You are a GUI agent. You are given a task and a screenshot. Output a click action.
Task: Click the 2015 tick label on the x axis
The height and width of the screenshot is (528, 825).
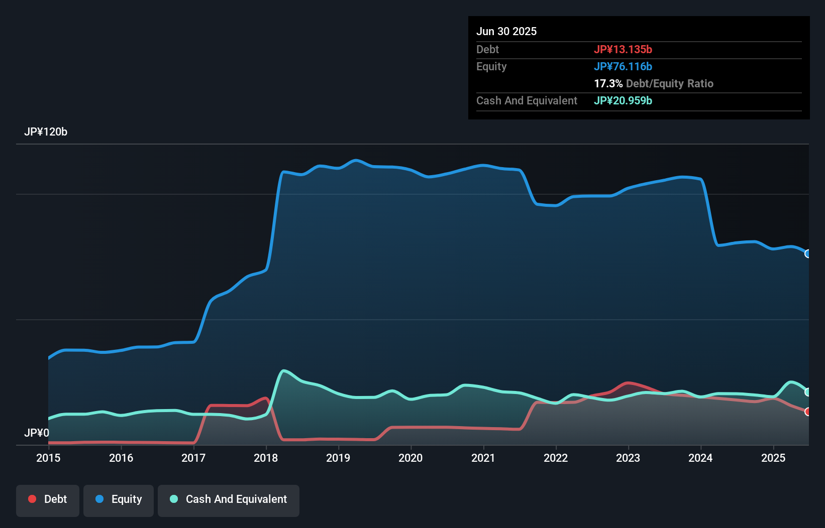[48, 458]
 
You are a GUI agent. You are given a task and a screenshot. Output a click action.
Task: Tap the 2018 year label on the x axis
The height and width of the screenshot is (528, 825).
[266, 458]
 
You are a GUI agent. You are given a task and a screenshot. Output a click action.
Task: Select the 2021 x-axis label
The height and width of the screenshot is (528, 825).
[483, 458]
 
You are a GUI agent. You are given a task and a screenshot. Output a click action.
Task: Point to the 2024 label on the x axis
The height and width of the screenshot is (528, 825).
[700, 458]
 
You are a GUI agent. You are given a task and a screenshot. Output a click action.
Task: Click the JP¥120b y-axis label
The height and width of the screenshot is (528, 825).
[46, 132]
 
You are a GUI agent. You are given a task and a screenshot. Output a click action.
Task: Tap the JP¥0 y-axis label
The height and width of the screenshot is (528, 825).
[37, 433]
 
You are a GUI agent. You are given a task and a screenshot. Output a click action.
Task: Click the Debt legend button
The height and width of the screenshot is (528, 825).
[48, 499]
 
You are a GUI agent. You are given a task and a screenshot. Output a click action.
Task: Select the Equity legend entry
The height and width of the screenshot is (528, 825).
[119, 499]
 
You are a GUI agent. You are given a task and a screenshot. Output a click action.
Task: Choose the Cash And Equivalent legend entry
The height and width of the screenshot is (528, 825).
[229, 499]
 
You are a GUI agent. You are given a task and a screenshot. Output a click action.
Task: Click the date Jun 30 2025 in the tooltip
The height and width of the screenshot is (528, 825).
[506, 31]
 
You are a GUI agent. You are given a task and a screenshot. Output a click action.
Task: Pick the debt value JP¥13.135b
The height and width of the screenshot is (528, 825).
[623, 49]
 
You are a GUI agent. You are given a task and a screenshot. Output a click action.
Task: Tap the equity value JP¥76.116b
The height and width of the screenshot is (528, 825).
[623, 66]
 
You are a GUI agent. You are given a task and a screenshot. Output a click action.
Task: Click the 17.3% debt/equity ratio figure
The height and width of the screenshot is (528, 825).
[608, 83]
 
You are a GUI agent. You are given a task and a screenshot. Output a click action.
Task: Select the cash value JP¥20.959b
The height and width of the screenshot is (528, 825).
[623, 100]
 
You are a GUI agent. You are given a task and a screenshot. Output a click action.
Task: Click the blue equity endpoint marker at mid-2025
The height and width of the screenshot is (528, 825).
[808, 254]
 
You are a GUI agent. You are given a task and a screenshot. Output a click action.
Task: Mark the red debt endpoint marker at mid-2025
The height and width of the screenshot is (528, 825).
[808, 412]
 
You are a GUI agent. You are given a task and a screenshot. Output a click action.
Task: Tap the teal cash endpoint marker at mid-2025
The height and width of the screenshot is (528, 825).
[808, 392]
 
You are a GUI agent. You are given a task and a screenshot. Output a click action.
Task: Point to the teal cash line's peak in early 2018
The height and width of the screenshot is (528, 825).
[284, 371]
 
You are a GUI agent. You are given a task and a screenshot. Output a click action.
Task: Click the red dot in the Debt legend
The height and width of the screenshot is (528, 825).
[32, 499]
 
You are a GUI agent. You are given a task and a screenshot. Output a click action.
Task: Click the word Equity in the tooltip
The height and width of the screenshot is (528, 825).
[491, 66]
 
